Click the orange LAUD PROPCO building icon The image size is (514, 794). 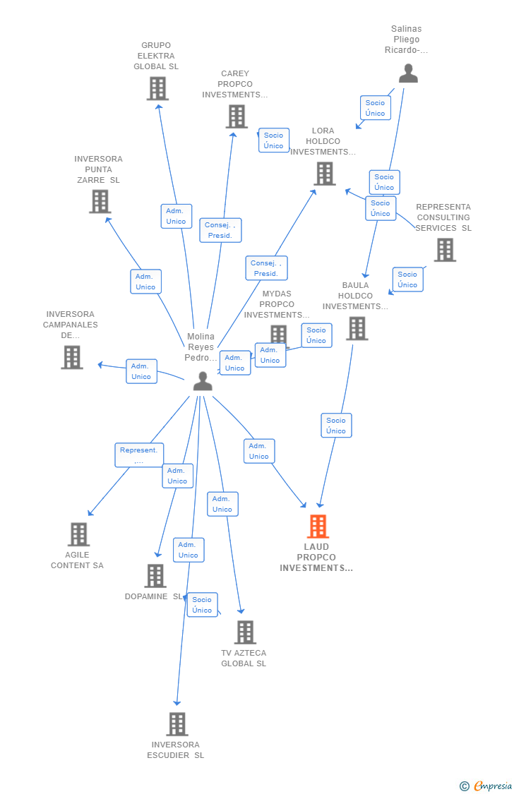click(x=318, y=527)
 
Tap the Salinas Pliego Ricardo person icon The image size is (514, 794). click(x=408, y=73)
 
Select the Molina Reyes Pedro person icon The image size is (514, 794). click(x=203, y=381)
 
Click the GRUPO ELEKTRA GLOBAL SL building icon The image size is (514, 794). click(x=157, y=89)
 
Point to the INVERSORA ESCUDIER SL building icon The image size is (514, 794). click(x=177, y=724)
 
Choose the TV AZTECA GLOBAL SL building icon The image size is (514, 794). click(x=245, y=632)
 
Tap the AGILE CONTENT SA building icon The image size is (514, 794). click(x=78, y=534)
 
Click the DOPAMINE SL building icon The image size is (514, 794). click(x=155, y=576)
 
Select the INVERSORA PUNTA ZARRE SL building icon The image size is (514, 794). click(x=100, y=202)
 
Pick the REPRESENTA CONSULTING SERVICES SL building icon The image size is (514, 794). click(x=445, y=250)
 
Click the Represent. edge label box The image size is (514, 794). click(x=139, y=455)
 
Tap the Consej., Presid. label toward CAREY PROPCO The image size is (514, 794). click(x=220, y=230)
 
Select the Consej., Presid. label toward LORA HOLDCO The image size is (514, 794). click(x=266, y=268)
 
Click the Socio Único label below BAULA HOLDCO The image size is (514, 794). click(x=336, y=426)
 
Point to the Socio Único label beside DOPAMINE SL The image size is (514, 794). click(x=202, y=605)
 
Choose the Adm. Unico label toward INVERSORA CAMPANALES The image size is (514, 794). click(x=141, y=371)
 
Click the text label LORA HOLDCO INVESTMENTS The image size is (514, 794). click(x=323, y=141)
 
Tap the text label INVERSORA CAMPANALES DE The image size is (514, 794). click(x=71, y=325)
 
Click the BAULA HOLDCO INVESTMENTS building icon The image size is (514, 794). click(x=357, y=329)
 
